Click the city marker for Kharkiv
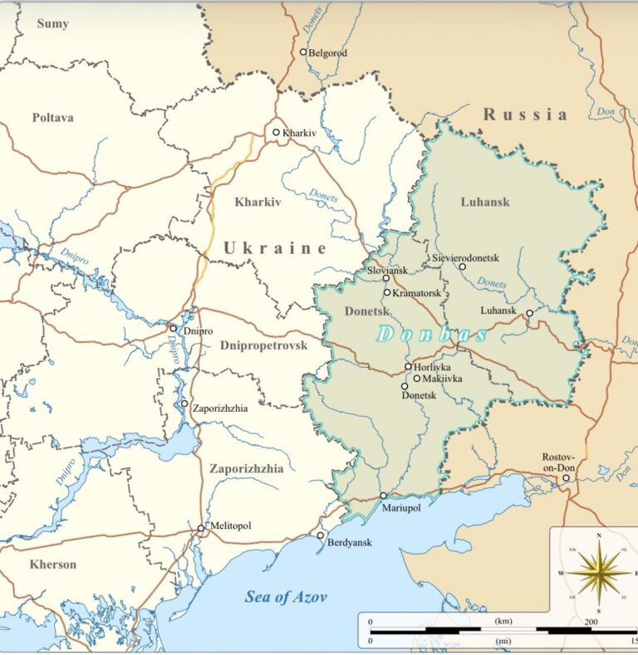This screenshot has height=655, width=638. pyautogui.click(x=277, y=132)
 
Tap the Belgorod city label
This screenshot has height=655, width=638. pyautogui.click(x=328, y=53)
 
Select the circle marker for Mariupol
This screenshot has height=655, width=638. pyautogui.click(x=384, y=496)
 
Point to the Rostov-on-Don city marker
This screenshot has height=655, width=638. pyautogui.click(x=567, y=478)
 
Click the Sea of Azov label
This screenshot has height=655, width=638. pyautogui.click(x=286, y=597)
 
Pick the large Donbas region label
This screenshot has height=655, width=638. pyautogui.click(x=432, y=335)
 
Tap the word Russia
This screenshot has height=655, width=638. pyautogui.click(x=526, y=115)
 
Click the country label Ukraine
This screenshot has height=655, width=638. pyautogui.click(x=275, y=247)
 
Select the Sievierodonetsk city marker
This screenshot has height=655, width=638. pyautogui.click(x=463, y=266)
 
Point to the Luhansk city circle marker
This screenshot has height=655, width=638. pyautogui.click(x=529, y=313)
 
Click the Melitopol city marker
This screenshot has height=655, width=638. pyautogui.click(x=201, y=528)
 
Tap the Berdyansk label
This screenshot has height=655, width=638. pyautogui.click(x=349, y=543)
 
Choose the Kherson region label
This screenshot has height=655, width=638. pyautogui.click(x=53, y=565)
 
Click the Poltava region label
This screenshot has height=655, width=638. pyautogui.click(x=53, y=118)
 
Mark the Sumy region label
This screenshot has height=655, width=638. pyautogui.click(x=52, y=24)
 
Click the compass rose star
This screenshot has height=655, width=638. pyautogui.click(x=598, y=573)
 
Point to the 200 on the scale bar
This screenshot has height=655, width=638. pyautogui.click(x=591, y=622)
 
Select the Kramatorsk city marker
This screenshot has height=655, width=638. pyautogui.click(x=387, y=292)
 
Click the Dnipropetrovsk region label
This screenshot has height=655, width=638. pyautogui.click(x=264, y=345)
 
